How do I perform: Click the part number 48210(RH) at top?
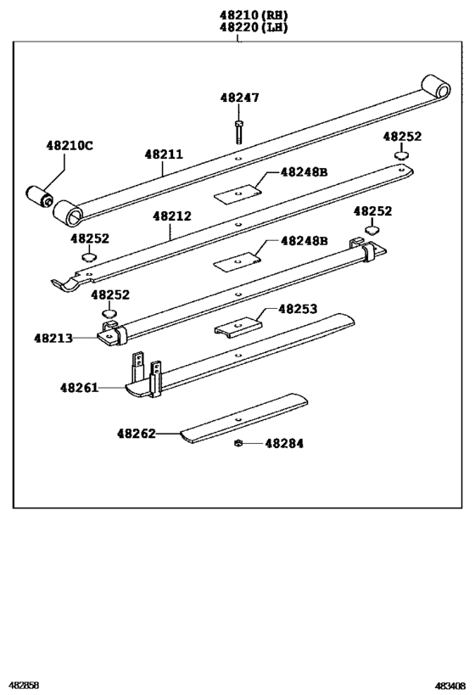pyautogui.click(x=252, y=14)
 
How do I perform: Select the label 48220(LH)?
pyautogui.click(x=252, y=27)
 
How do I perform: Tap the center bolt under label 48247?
pyautogui.click(x=239, y=132)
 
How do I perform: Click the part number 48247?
pyautogui.click(x=240, y=98)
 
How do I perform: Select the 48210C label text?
pyautogui.click(x=70, y=145)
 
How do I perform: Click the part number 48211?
pyautogui.click(x=163, y=154)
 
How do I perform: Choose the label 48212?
pyautogui.click(x=172, y=216)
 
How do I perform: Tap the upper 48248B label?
pyautogui.click(x=304, y=172)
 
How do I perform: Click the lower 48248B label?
pyautogui.click(x=304, y=241)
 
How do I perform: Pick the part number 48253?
pyautogui.click(x=298, y=310)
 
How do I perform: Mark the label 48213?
pyautogui.click(x=53, y=337)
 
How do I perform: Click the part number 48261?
pyautogui.click(x=79, y=388)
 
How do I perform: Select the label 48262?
pyautogui.click(x=136, y=433)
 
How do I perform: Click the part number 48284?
pyautogui.click(x=284, y=443)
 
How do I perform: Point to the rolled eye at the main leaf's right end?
pyautogui.click(x=436, y=87)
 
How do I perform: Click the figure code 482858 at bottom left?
pyautogui.click(x=24, y=684)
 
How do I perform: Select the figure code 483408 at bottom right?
pyautogui.click(x=450, y=684)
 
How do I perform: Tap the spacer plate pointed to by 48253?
pyautogui.click(x=237, y=327)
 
